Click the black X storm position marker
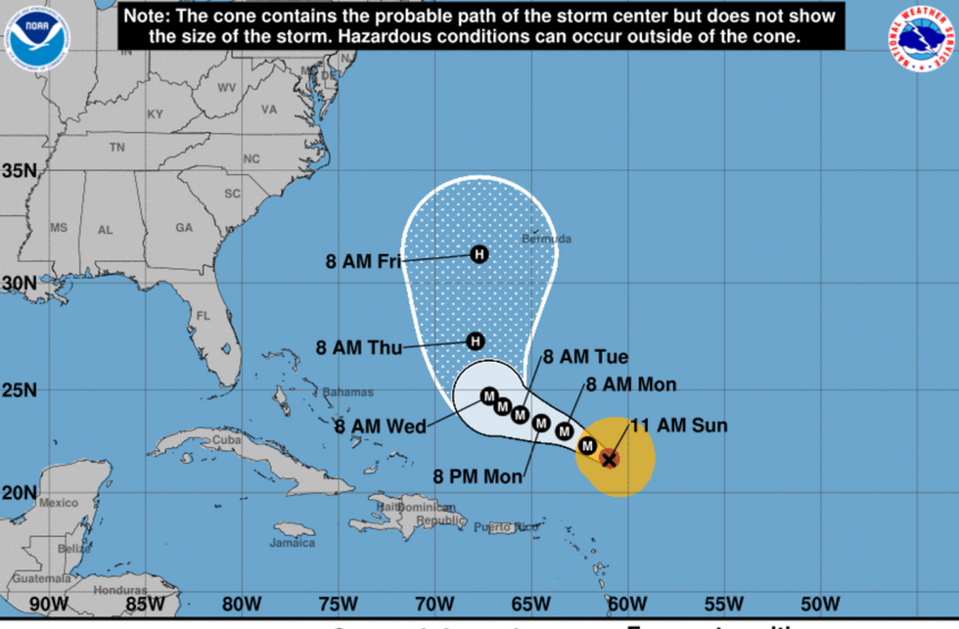click(609, 458)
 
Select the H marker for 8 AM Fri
click(479, 254)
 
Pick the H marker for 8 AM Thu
click(475, 341)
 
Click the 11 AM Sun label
click(678, 426)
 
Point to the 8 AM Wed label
click(380, 427)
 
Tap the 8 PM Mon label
click(479, 477)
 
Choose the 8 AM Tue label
click(586, 357)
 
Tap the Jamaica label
click(294, 542)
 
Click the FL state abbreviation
click(204, 316)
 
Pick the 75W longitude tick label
click(336, 602)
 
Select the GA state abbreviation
click(184, 227)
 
